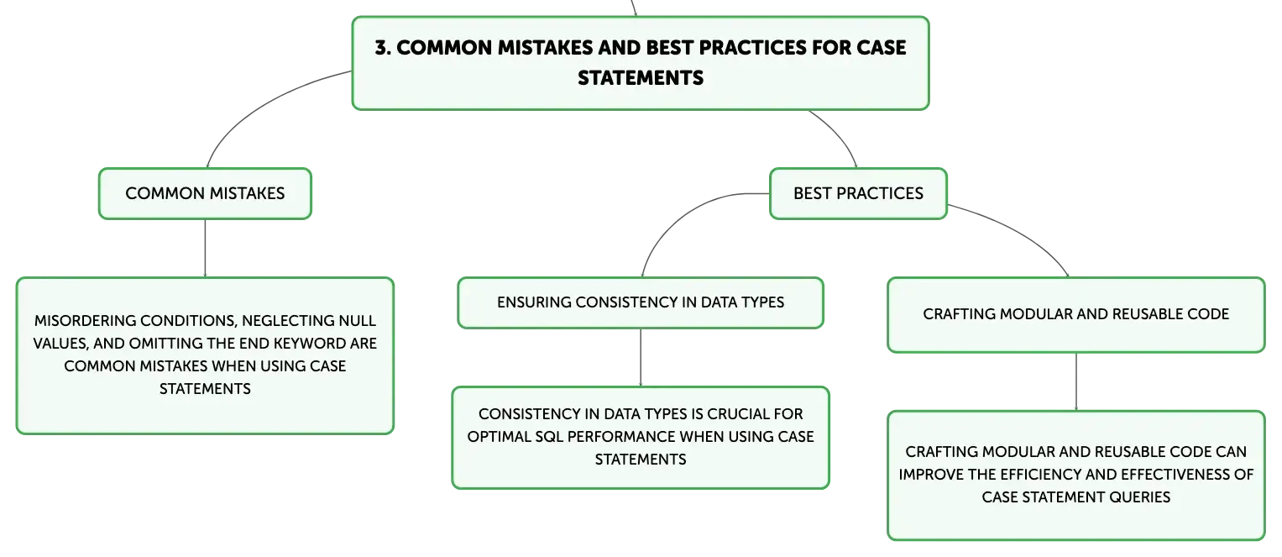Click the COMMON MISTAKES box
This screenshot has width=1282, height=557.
click(x=205, y=193)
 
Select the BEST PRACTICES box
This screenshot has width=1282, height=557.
click(x=858, y=193)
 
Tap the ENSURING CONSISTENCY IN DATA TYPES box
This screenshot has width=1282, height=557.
click(x=641, y=302)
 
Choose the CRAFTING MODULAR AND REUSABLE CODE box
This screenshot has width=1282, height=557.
click(x=1076, y=315)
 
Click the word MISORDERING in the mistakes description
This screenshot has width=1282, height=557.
click(x=86, y=321)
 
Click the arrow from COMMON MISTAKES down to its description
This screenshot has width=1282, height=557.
click(x=205, y=249)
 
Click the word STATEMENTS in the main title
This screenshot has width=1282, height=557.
click(x=641, y=78)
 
